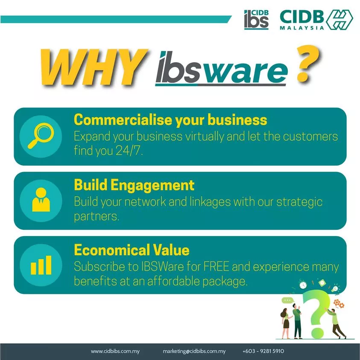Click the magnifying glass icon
pos(41,136)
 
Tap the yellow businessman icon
pos(41,200)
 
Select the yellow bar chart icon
pos(41,265)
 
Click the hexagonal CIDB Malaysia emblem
pos(340,20)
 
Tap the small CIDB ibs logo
pos(256,20)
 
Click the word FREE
pos(216,266)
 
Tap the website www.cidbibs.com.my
pos(115,351)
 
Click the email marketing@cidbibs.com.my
pos(194,351)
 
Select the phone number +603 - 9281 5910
pos(263,351)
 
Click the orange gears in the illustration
pos(339,304)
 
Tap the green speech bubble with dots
pos(287,301)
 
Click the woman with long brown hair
pos(286,323)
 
